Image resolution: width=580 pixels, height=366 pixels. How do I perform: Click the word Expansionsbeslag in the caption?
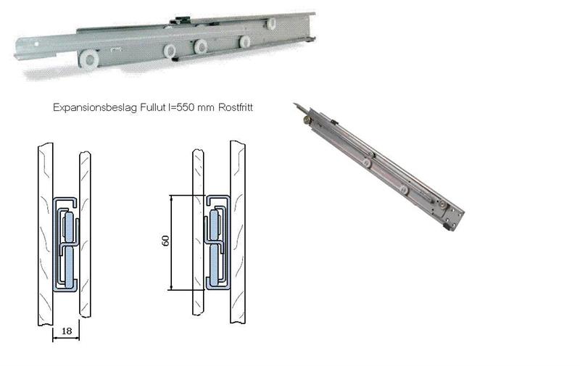click(95, 107)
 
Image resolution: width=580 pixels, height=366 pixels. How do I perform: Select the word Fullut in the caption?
click(152, 107)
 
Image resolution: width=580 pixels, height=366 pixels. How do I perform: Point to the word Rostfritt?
click(236, 107)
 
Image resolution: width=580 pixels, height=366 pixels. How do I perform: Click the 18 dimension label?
click(67, 330)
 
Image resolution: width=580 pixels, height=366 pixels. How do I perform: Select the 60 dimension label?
click(166, 241)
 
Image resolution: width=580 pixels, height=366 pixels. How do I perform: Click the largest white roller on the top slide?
click(88, 59)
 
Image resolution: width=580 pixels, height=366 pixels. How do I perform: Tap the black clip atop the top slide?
click(179, 21)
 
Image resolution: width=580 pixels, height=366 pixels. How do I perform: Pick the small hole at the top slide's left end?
click(37, 44)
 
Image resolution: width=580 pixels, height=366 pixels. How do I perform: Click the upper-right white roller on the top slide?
click(271, 24)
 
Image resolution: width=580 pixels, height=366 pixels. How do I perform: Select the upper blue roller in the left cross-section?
click(68, 226)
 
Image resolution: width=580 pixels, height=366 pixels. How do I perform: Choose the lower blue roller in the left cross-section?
click(69, 266)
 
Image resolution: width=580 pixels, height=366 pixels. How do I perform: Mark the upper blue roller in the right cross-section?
click(214, 225)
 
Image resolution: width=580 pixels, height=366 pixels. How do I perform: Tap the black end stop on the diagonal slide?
click(448, 226)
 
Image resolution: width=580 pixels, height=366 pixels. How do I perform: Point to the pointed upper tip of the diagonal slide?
click(294, 104)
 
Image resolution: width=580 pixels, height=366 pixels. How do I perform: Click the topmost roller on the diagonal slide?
click(307, 120)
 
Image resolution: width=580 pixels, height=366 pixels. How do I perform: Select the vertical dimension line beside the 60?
click(172, 243)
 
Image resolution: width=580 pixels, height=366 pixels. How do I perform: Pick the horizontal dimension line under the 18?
click(66, 338)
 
